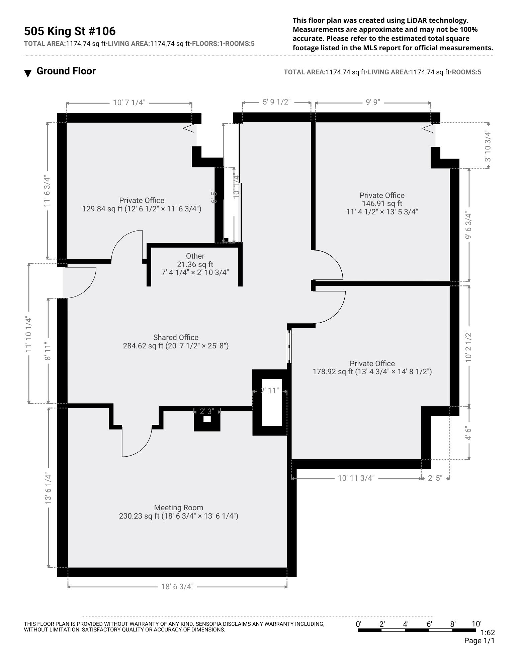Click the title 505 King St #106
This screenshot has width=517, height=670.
(70, 31)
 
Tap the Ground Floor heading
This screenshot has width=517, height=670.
(66, 71)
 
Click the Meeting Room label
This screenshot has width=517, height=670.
(179, 508)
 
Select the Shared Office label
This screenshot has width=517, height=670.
(176, 337)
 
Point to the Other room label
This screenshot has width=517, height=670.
(195, 256)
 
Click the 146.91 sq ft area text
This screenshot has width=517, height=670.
(382, 203)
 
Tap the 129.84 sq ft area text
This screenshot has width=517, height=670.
(102, 209)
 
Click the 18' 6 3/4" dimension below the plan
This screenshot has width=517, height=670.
(177, 587)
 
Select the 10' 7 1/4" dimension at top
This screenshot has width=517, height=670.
(129, 103)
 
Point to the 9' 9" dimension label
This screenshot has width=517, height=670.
(373, 102)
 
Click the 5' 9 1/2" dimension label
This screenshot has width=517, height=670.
(276, 102)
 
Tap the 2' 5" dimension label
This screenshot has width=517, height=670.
(435, 478)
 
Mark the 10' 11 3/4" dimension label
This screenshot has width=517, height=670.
(356, 478)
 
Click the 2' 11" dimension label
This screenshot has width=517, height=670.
(269, 391)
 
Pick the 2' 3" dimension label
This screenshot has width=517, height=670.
(207, 411)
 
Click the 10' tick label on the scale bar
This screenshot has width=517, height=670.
(477, 624)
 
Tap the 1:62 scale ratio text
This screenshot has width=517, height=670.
(488, 633)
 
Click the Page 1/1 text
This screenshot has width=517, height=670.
(479, 641)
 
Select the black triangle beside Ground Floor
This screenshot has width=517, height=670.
(28, 73)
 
